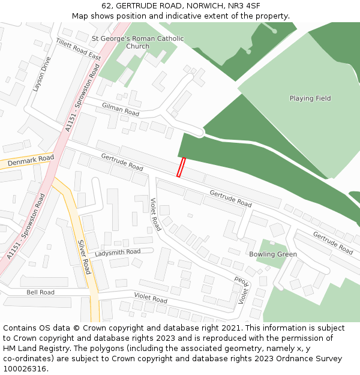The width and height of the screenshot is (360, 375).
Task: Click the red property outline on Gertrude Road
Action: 181,167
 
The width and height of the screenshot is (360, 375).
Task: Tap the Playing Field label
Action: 310,98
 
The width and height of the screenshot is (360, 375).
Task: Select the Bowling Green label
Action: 273,254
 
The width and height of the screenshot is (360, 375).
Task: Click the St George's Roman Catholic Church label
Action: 137,42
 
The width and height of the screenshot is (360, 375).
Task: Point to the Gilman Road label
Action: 120,109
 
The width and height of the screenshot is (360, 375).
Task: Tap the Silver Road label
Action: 84,257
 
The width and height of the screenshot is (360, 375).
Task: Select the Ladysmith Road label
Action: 118,252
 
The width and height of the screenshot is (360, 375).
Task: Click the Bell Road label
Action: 40,292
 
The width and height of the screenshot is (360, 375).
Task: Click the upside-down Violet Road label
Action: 242,290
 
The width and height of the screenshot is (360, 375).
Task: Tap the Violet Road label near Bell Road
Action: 151,298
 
